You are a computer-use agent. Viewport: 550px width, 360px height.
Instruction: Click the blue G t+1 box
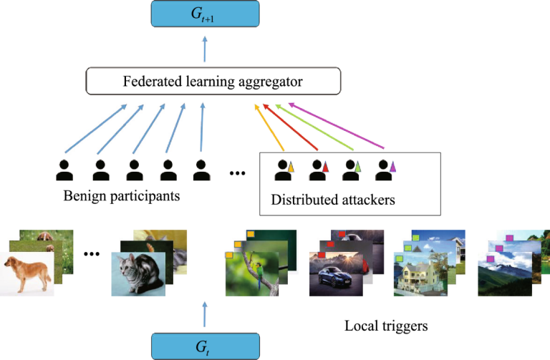click(x=204, y=14)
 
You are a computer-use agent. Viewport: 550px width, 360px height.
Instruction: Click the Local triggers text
click(x=386, y=326)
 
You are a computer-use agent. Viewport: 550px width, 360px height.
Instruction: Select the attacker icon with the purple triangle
click(x=386, y=170)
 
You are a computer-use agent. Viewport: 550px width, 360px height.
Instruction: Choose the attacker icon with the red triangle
click(x=318, y=170)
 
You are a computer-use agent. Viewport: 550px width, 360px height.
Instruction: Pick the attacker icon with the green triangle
click(x=352, y=170)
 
